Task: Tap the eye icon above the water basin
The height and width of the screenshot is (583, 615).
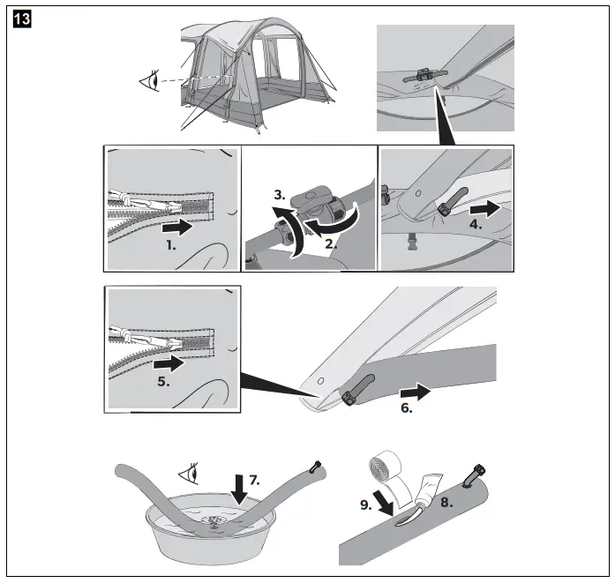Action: (x=187, y=474)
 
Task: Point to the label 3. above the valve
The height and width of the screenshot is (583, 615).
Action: (x=278, y=192)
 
